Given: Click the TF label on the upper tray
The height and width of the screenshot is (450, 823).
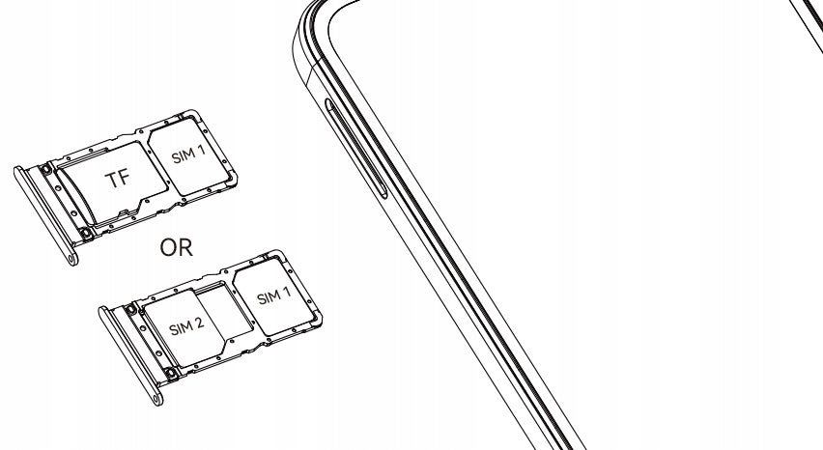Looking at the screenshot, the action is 117,179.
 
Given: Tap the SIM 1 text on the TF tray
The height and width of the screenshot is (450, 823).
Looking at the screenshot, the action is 188,155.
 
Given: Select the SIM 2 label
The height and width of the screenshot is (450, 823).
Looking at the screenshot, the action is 186,326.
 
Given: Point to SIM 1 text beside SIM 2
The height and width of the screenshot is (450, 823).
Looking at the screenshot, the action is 273,295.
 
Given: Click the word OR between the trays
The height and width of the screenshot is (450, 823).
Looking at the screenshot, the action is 177,247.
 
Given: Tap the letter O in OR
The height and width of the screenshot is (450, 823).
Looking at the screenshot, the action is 168,247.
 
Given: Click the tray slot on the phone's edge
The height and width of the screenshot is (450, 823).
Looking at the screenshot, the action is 355,148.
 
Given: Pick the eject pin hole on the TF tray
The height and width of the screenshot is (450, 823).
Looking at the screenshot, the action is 71,258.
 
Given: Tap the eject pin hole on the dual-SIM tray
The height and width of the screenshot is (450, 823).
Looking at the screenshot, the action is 156,399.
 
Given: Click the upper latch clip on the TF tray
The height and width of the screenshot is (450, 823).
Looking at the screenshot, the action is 46,169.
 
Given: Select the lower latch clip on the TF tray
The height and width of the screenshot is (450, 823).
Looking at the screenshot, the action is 87,234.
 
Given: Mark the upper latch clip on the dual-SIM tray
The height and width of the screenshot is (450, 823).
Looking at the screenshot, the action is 130,309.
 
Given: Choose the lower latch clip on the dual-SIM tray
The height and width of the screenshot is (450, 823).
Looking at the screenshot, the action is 171,374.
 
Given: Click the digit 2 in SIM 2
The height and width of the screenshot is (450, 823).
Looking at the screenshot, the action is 199,323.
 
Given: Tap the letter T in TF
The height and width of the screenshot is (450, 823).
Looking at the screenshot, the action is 111,181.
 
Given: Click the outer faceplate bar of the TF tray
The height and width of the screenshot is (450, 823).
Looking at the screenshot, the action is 45,215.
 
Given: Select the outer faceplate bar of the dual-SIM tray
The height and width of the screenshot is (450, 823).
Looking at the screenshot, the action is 130,356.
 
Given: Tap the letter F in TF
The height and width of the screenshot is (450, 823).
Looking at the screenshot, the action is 125,178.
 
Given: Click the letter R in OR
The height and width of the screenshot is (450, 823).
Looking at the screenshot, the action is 185,247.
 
